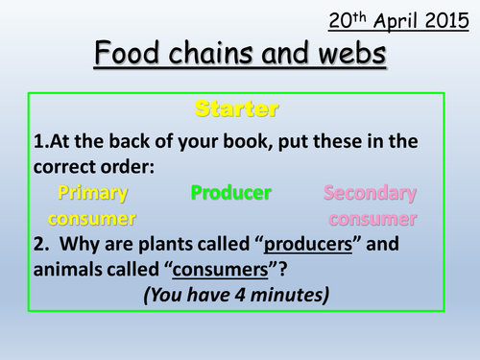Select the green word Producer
(x=230, y=193)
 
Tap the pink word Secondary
(x=371, y=193)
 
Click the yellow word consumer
(x=87, y=218)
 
